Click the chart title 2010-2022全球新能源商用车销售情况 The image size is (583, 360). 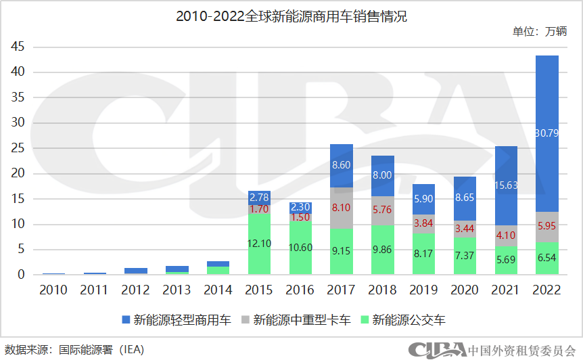[291, 16]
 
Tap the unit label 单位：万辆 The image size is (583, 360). [539, 32]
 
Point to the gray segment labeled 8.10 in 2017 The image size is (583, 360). [342, 208]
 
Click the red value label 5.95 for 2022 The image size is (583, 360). [546, 227]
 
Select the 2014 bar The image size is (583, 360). [218, 268]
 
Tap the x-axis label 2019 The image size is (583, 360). [423, 290]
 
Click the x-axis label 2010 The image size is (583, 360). [53, 290]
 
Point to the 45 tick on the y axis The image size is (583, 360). [18, 47]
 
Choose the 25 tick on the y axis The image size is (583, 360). [18, 148]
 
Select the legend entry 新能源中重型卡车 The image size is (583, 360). [295, 319]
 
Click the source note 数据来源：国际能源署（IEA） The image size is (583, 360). [74, 349]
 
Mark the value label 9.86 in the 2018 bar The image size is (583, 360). [383, 250]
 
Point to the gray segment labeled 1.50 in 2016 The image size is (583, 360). [300, 217]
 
